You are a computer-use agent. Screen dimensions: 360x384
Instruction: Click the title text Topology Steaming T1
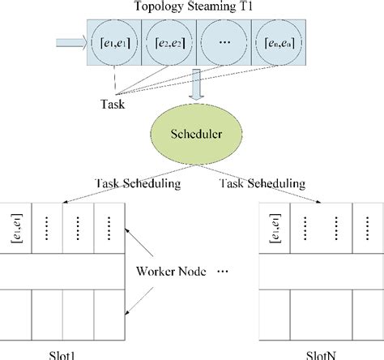coord(191,8)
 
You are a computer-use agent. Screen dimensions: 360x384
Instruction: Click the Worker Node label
coord(181,268)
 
